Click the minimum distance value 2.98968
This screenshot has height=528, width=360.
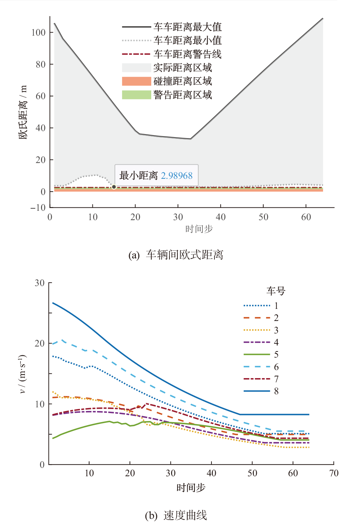176,175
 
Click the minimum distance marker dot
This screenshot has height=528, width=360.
114,187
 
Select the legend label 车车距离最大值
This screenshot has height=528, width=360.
187,27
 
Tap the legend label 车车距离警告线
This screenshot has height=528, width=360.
187,54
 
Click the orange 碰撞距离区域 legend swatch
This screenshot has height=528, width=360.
136,81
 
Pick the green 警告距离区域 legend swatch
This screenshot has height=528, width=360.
136,95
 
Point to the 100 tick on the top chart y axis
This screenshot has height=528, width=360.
38,33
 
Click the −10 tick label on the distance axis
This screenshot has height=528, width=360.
38,208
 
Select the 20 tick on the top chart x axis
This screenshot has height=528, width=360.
135,217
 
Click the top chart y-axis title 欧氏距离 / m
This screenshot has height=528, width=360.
23,113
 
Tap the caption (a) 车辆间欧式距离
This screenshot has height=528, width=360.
176,255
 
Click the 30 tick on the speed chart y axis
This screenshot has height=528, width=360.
40,283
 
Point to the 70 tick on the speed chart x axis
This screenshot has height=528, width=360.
334,473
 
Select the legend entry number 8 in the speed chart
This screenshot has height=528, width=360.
276,391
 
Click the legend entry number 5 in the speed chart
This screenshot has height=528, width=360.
276,354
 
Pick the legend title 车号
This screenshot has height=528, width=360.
276,291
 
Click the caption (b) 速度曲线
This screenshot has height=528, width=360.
176,515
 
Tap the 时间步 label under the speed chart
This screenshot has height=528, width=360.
191,488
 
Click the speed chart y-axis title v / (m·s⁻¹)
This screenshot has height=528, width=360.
23,374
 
